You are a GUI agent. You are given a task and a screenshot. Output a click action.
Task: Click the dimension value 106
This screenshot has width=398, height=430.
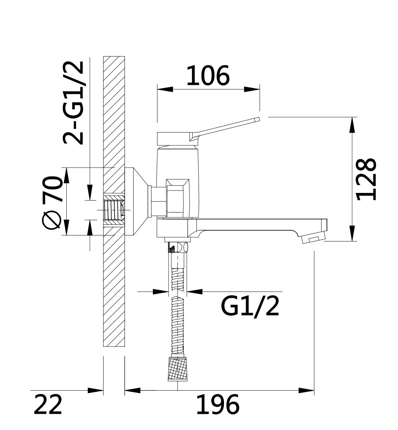click(208, 75)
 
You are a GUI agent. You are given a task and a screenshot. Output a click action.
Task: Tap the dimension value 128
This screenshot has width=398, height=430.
click(366, 179)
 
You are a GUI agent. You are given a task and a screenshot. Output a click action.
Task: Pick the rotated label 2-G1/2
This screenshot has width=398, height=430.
click(73, 103)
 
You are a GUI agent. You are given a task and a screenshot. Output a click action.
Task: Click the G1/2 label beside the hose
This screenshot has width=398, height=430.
click(250, 307)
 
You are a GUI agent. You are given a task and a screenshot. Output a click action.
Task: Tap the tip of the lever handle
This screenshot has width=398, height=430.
click(258, 119)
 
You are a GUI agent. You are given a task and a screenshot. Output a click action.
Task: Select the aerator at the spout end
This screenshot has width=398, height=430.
click(313, 240)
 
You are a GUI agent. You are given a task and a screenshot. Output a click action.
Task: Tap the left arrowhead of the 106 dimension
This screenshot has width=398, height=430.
click(165, 89)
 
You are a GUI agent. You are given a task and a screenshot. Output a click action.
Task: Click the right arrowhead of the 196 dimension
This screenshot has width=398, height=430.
click(306, 391)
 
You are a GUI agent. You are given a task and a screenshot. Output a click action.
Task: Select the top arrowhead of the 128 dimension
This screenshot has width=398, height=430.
click(352, 125)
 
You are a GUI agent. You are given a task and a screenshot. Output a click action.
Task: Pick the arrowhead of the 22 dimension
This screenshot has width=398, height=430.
click(95, 391)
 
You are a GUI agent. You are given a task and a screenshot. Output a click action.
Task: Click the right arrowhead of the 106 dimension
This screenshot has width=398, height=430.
click(252, 89)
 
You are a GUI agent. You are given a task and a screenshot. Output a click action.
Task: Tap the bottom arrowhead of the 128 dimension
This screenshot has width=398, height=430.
click(352, 233)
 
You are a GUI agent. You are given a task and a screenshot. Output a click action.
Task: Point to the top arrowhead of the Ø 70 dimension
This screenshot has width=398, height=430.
click(66, 175)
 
